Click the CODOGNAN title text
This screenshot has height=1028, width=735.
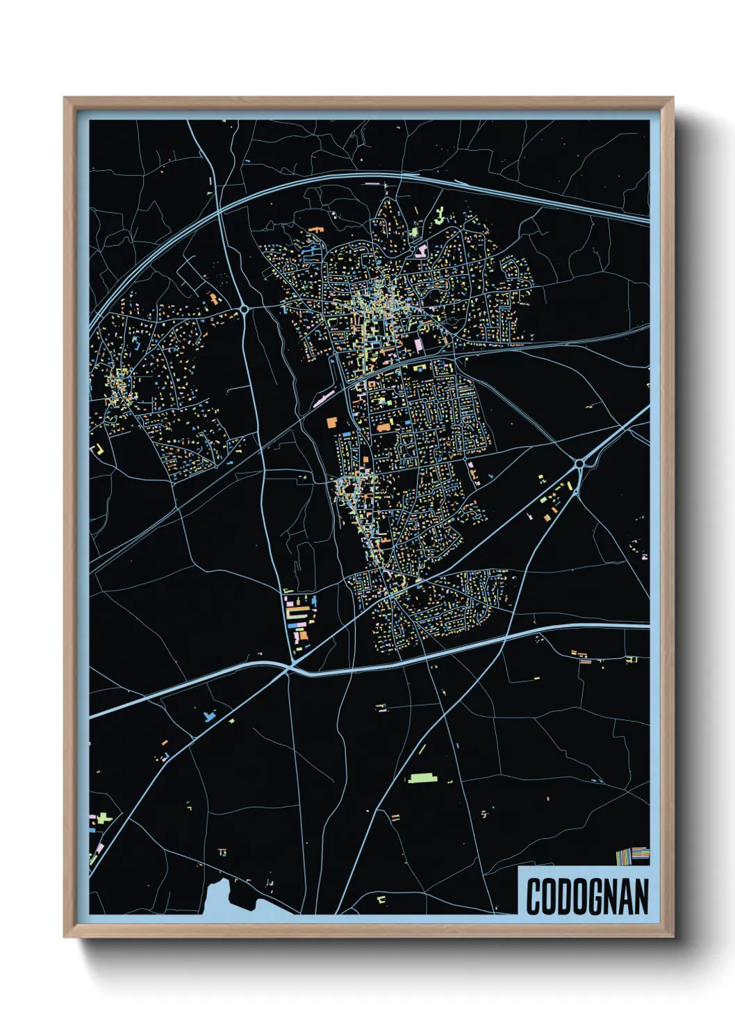point(587,896)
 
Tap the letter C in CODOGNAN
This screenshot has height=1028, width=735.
point(534,896)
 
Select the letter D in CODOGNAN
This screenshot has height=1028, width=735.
point(564,896)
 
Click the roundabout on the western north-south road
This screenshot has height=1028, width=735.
point(245,309)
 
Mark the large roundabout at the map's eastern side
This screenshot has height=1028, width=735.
point(579,463)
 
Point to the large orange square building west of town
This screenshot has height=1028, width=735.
point(331,422)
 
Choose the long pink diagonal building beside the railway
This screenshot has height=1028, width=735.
point(324,399)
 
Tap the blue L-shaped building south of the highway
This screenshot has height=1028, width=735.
point(208,715)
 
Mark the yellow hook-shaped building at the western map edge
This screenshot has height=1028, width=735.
point(99,449)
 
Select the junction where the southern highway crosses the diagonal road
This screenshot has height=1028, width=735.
point(289,670)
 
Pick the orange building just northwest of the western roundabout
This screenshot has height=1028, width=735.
point(215,299)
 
